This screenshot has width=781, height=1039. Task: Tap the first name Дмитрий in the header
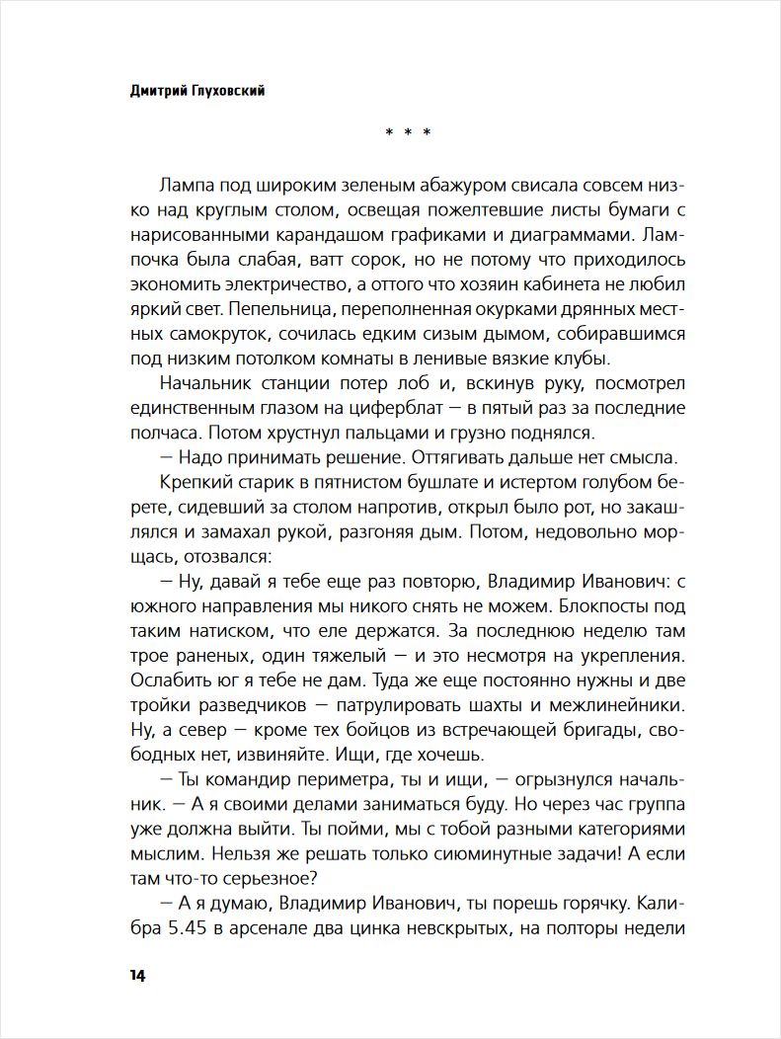click(x=161, y=89)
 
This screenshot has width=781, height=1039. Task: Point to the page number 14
click(x=137, y=976)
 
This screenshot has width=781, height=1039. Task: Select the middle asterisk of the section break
click(x=408, y=132)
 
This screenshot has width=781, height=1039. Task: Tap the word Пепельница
click(x=285, y=307)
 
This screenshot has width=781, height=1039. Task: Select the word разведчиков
click(x=267, y=706)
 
